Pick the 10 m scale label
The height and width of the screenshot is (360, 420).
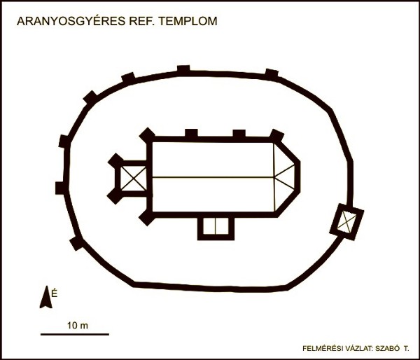click(x=77, y=326)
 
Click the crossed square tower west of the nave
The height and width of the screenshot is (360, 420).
click(x=134, y=177)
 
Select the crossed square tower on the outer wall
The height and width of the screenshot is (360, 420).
click(x=346, y=221)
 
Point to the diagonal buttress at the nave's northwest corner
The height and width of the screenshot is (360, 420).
click(x=148, y=135)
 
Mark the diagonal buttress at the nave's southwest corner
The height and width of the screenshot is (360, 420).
click(x=148, y=217)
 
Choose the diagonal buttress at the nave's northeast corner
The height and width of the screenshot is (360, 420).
click(x=277, y=135)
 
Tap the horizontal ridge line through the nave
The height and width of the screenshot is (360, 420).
click(x=210, y=177)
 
